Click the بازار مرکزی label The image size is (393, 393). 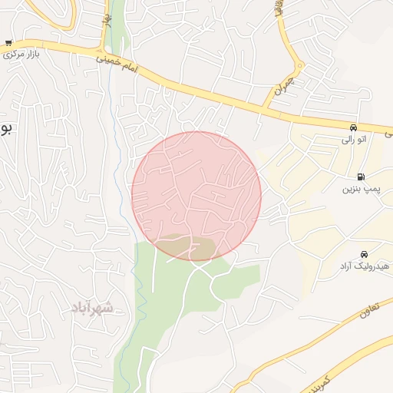click(x=21, y=55)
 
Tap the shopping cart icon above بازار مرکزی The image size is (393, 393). click(x=8, y=43)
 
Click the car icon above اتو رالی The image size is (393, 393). click(x=352, y=127)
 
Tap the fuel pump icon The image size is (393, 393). click(x=361, y=176)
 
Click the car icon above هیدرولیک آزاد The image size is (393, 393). click(x=363, y=254)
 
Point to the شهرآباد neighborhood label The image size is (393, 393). click(x=92, y=308)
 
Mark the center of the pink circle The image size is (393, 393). click(x=196, y=196)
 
